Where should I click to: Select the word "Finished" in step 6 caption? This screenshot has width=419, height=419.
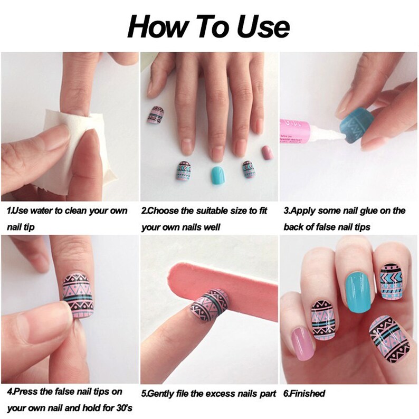tap(307, 394)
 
